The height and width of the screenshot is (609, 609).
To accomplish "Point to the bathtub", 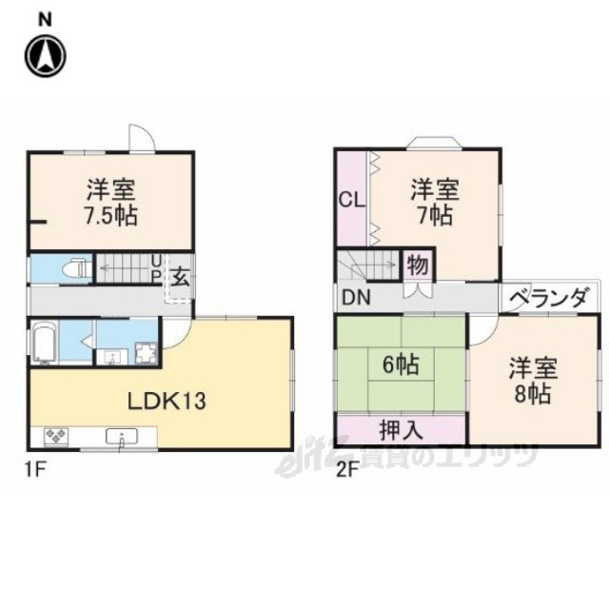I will (46, 344).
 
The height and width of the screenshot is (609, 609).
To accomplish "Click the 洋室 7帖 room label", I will (434, 202).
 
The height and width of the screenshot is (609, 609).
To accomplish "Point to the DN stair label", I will (357, 298).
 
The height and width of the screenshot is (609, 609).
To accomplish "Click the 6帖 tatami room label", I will (400, 363).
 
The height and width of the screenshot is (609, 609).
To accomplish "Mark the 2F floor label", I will (345, 470).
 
